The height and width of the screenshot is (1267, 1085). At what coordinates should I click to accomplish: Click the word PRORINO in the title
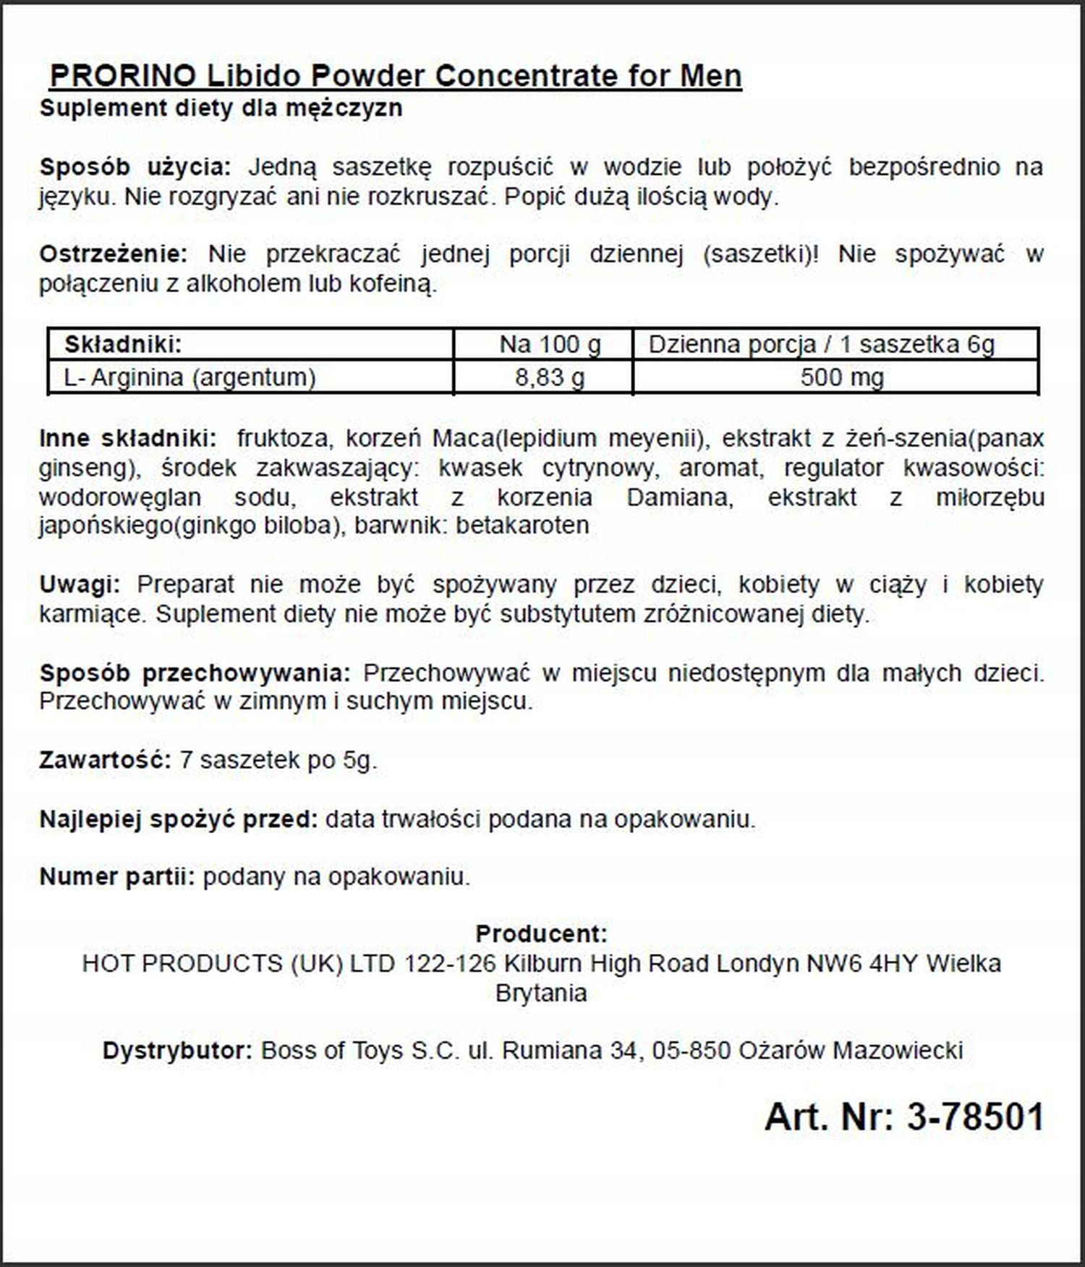click(x=122, y=76)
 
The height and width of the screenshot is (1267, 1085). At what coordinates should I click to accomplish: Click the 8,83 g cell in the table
click(x=550, y=377)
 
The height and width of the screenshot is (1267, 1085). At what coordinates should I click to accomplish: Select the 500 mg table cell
click(x=842, y=377)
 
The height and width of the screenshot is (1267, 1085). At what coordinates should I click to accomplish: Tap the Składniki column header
click(x=123, y=344)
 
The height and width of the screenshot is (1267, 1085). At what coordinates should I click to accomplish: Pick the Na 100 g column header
click(x=550, y=344)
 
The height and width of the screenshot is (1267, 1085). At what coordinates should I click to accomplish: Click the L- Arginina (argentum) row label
click(x=190, y=377)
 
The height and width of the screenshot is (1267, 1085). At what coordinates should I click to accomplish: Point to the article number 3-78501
click(x=975, y=1117)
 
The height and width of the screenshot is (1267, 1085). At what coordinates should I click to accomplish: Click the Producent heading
click(x=541, y=934)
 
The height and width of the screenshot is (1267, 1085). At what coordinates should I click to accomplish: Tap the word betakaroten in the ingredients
click(x=522, y=525)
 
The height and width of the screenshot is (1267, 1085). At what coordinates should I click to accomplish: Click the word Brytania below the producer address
click(x=541, y=993)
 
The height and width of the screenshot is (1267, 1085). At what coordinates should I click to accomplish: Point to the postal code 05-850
click(x=691, y=1050)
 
